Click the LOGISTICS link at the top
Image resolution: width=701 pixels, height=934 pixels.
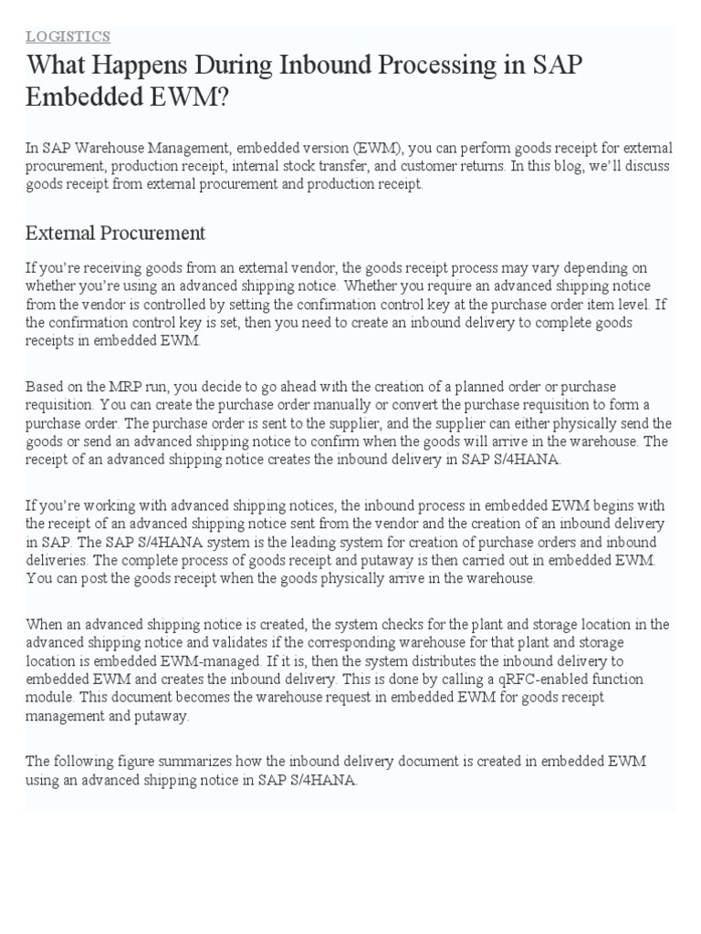(x=68, y=36)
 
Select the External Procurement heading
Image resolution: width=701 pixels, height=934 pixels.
(x=115, y=233)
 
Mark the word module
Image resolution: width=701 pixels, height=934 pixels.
(x=49, y=698)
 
